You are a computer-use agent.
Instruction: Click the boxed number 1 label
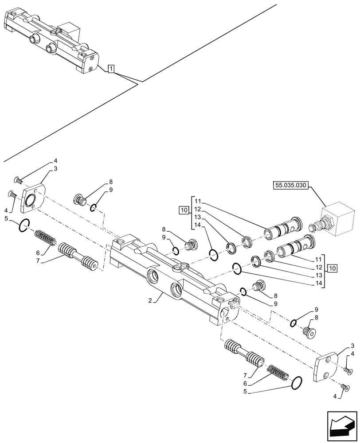click(111, 69)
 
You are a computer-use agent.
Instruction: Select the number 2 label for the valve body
click(151, 300)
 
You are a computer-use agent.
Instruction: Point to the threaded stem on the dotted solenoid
click(315, 227)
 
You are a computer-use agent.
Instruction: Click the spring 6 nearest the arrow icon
click(278, 369)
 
